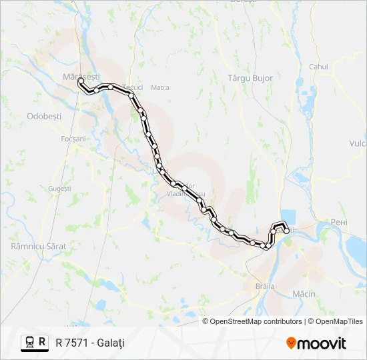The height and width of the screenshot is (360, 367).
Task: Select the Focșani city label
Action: [73, 139]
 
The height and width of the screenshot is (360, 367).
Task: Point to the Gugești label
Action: [59, 189]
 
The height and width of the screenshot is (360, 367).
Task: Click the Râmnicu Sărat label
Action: [39, 246]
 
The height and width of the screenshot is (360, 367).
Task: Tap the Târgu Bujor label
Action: [250, 78]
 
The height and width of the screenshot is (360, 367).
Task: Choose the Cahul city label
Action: [318, 67]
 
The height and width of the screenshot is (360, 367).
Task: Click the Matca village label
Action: [160, 87]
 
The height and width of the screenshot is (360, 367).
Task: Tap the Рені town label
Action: [340, 222]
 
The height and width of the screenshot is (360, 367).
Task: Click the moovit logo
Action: [316, 343]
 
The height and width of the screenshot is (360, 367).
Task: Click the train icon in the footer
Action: [30, 342]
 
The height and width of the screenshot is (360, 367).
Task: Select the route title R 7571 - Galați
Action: [90, 343]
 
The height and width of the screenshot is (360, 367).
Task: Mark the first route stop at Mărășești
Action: [81, 80]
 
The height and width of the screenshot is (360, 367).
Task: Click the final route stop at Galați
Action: [287, 231]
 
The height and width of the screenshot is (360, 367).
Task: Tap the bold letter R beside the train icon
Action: [43, 342]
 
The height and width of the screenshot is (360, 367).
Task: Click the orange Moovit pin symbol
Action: [292, 343]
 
